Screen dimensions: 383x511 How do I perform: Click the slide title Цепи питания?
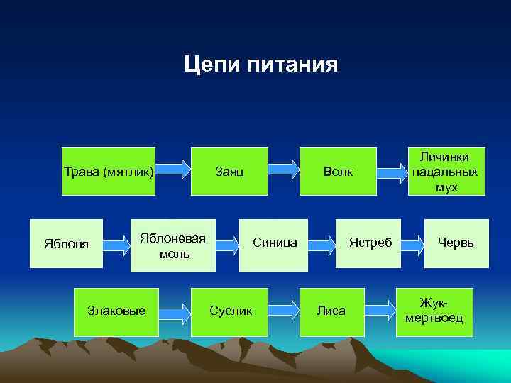[x=260, y=65]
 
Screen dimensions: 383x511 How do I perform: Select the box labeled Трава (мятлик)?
[x=109, y=171]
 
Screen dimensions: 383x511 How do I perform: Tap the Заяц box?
[x=229, y=171]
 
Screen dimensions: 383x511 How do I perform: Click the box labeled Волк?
[x=337, y=171]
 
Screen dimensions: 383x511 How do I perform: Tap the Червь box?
[x=456, y=243]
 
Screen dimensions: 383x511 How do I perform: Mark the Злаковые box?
[x=116, y=311]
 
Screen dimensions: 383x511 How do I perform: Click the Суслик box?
[x=230, y=311]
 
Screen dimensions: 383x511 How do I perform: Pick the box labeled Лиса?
[x=331, y=311]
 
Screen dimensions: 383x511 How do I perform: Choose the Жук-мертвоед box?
[x=434, y=311]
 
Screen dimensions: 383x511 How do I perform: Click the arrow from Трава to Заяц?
[x=173, y=169]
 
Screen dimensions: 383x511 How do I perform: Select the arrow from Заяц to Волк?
[x=284, y=169]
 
